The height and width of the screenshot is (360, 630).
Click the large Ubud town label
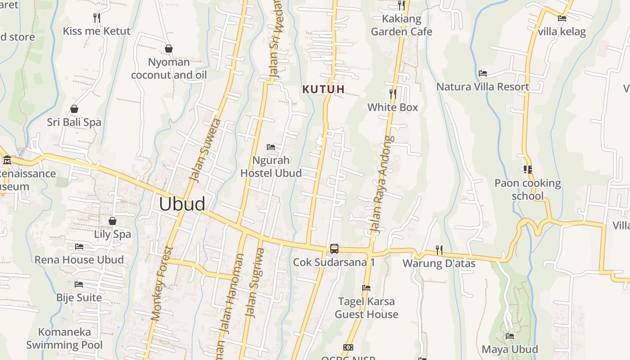tap(182, 204)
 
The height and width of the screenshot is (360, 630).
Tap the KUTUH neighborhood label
tap(324, 89)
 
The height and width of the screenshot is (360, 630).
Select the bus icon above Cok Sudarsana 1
tap(334, 248)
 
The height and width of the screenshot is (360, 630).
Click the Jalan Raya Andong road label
tap(381, 184)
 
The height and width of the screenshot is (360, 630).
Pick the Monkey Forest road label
tap(162, 283)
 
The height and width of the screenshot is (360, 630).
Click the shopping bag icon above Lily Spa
tap(112, 221)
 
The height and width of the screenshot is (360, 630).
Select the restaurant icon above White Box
tap(393, 94)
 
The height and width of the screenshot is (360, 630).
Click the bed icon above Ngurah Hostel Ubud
tap(271, 147)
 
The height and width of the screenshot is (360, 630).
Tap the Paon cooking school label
tap(527, 189)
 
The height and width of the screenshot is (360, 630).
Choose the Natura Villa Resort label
tap(482, 87)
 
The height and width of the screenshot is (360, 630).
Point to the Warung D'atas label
tap(439, 263)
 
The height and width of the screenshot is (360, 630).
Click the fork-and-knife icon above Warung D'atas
tap(439, 250)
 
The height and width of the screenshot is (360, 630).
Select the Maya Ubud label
tap(509, 349)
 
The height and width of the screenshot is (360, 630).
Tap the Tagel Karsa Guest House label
tap(366, 308)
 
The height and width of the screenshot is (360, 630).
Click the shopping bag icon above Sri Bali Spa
tap(74, 109)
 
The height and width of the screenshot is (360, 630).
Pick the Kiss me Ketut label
tap(97, 31)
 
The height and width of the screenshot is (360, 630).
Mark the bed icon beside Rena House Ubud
tap(79, 247)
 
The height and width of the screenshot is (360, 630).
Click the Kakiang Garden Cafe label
tap(401, 25)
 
